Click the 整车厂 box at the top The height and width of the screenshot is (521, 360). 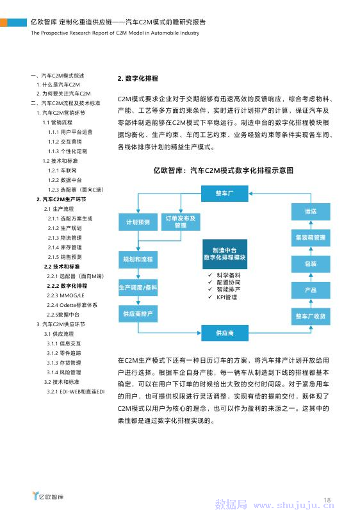coord(224,193)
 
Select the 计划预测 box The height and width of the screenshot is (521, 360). coord(138,222)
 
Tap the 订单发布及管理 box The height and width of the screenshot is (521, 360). coord(181,222)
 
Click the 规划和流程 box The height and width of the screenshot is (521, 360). coord(138,259)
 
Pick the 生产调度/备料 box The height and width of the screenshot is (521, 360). coord(138,287)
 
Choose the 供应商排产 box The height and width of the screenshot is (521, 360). coord(138,313)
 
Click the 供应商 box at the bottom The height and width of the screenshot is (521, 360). coord(224,333)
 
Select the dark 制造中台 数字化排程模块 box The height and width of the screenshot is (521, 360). coord(225,254)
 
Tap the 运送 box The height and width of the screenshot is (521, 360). coord(311,211)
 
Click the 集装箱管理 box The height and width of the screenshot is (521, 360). coord(311,238)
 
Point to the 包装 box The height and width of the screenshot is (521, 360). coord(311,264)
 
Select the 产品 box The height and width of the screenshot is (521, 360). coord(311,290)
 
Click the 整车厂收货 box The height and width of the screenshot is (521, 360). coord(311,317)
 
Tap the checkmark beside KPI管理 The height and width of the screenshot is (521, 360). coord(210,297)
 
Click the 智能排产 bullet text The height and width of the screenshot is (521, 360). coord(229,290)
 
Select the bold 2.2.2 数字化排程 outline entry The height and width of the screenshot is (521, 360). coord(67,286)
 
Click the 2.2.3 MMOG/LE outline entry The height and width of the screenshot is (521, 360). coord(65,295)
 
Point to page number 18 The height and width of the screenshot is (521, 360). coord(327,500)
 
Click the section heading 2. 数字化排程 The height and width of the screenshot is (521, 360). coord(138,78)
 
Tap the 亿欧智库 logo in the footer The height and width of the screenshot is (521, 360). coord(48,496)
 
